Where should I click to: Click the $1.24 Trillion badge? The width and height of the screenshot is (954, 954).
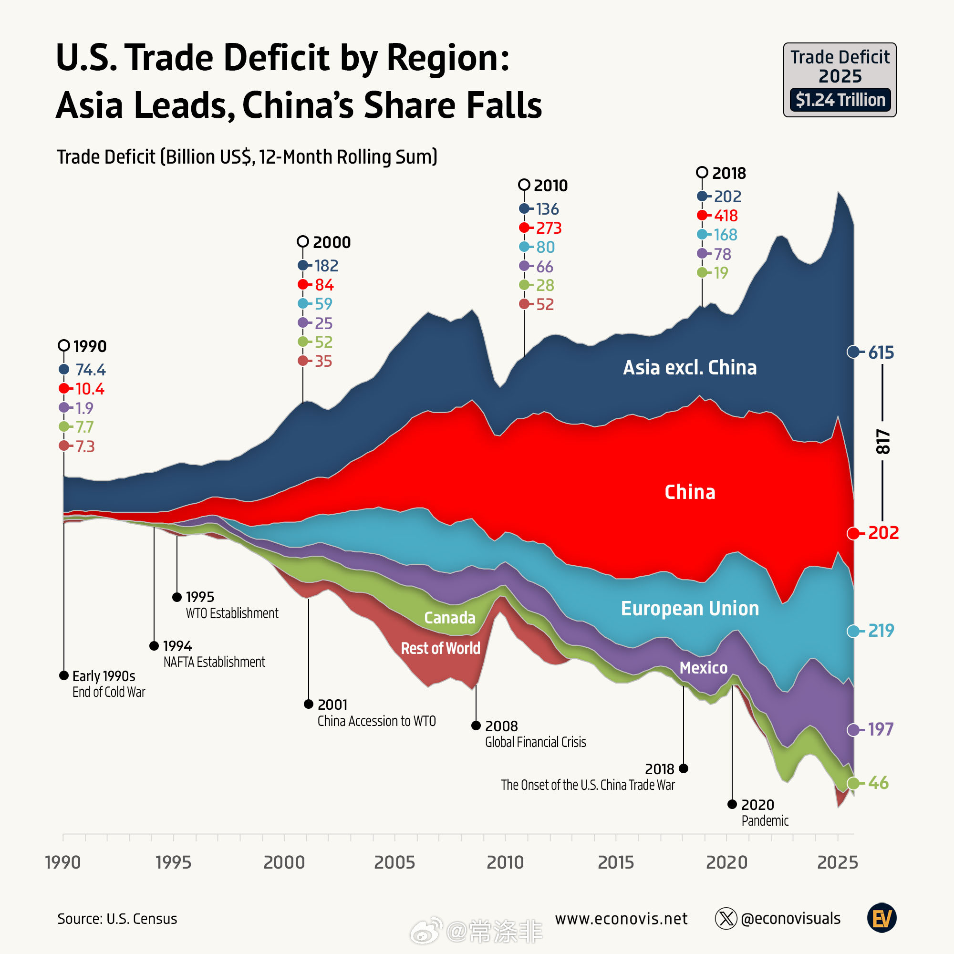point(840,100)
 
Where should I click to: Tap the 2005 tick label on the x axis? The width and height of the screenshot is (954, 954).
point(394,862)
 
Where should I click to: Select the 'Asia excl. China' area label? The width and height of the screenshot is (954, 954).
point(689,367)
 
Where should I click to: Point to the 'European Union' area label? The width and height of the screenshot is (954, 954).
point(689,608)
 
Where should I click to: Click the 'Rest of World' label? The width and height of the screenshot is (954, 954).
point(440,648)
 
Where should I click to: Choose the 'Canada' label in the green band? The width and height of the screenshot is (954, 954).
point(449,617)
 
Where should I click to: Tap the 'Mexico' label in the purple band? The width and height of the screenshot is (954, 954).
point(703,668)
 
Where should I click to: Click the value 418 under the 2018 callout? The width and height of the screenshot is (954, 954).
point(726,215)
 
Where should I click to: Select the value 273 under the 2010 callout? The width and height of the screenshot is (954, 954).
point(549,228)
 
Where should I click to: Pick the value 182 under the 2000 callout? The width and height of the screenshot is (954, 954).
point(326,266)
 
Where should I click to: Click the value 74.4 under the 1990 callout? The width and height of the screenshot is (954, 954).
point(90,369)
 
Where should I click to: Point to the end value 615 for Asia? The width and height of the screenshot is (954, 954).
point(881,352)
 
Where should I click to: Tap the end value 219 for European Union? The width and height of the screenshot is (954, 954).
point(881,630)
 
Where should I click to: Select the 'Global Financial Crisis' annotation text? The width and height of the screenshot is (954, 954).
point(535,742)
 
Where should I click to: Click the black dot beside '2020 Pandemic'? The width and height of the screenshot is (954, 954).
point(732,804)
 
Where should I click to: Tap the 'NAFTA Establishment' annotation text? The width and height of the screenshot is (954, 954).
point(214,662)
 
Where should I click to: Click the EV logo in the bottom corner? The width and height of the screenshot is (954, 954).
point(881,918)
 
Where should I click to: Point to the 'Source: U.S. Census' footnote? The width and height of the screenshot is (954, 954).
point(117,918)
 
